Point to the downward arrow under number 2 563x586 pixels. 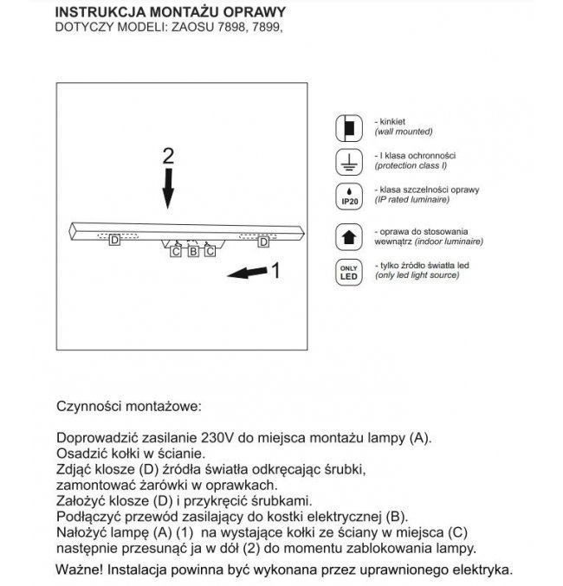click(x=169, y=189)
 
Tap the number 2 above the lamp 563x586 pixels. click(x=169, y=156)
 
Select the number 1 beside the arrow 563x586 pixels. click(x=275, y=272)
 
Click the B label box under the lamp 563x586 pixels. click(x=193, y=252)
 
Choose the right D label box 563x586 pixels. click(x=264, y=243)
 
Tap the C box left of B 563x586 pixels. click(x=177, y=252)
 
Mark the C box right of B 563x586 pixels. click(x=210, y=252)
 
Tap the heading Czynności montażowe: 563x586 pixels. click(x=128, y=405)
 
